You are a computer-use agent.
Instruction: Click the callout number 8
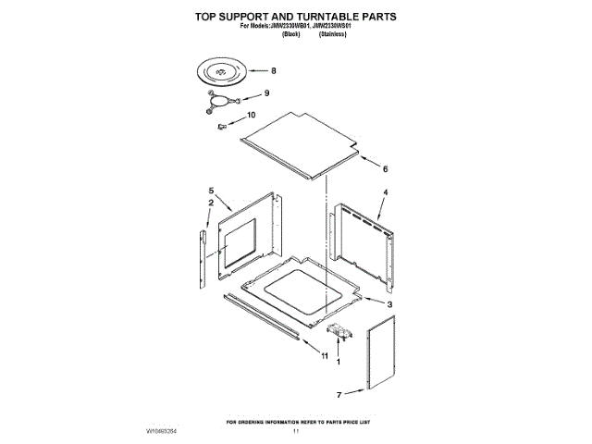coord(273,71)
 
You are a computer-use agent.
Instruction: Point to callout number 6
coord(384,169)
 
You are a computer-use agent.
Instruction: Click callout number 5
coord(211,191)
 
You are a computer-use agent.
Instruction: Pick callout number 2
coord(211,203)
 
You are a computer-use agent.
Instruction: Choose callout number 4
coord(385,191)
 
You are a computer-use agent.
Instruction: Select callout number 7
coord(338,394)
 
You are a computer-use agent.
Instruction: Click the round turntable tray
coord(222,70)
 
